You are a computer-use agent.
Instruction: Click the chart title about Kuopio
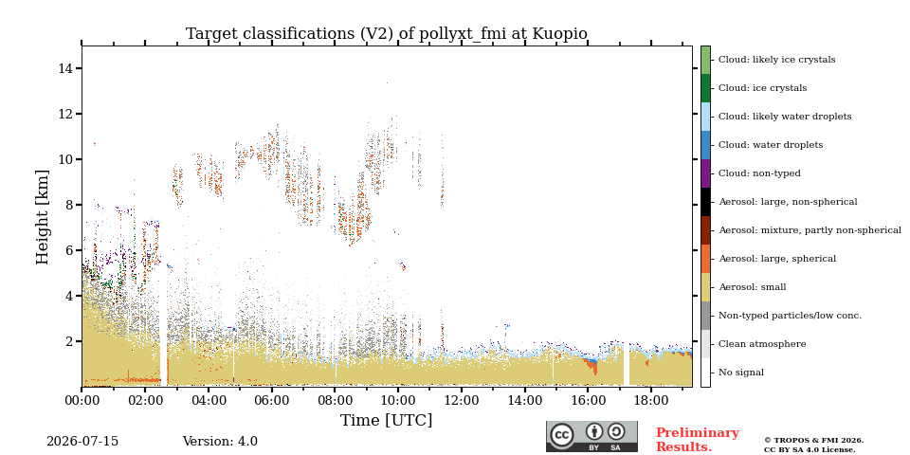click(387, 34)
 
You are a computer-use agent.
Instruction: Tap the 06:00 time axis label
click(272, 400)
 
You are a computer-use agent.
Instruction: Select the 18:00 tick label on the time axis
click(651, 400)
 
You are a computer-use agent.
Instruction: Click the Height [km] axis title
click(43, 217)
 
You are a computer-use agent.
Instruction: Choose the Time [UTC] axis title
click(387, 420)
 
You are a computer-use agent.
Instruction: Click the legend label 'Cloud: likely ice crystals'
click(777, 60)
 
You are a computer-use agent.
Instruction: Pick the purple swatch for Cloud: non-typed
click(705, 173)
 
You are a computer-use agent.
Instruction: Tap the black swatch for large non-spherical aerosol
click(705, 202)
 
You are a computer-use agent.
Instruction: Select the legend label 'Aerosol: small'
click(753, 287)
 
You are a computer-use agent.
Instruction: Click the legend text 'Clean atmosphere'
click(762, 344)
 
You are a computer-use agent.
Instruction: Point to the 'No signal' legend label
click(741, 373)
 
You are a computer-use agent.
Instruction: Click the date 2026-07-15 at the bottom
click(82, 442)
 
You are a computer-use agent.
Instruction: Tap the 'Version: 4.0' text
click(220, 442)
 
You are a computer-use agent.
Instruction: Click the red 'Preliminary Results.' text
click(698, 440)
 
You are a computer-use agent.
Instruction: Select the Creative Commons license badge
click(591, 436)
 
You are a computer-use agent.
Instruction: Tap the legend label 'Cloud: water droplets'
click(771, 145)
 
